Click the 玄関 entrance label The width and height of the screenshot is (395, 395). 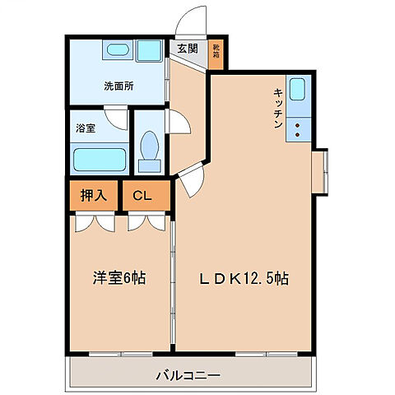click(x=187, y=49)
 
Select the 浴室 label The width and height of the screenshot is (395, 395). click(x=86, y=128)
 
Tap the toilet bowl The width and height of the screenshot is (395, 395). click(x=150, y=149)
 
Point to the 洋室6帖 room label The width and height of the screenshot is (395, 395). click(x=118, y=278)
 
